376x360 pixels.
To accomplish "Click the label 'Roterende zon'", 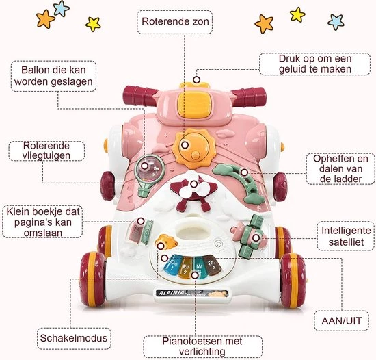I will pyautogui.click(x=175, y=22).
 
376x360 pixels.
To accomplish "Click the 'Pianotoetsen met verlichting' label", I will pyautogui.click(x=193, y=345).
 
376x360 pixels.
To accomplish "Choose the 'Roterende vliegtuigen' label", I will pyautogui.click(x=46, y=151).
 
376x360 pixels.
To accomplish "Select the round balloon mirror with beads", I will pyautogui.click(x=148, y=168).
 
